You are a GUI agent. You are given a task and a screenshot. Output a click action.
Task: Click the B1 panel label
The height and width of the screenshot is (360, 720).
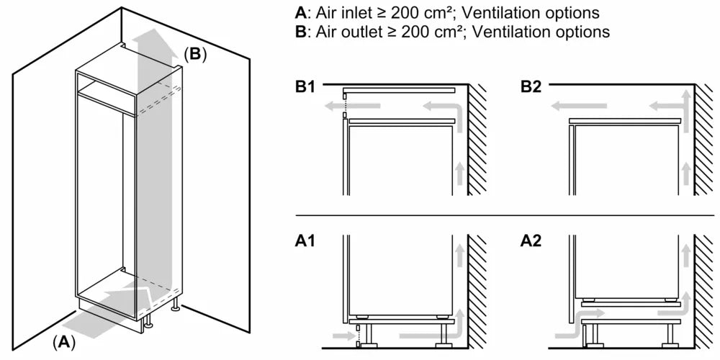point(305,87)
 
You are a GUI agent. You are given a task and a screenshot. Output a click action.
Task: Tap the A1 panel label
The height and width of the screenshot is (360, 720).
point(305,242)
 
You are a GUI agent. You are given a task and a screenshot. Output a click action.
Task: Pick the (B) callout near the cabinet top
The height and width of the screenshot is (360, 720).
point(194,54)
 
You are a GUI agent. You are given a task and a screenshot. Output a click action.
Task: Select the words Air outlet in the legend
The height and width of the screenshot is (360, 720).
point(347,32)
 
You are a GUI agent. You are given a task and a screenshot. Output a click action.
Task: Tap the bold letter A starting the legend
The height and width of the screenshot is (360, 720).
point(300,13)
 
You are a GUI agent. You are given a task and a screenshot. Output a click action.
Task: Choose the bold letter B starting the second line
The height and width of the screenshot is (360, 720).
point(300,32)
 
